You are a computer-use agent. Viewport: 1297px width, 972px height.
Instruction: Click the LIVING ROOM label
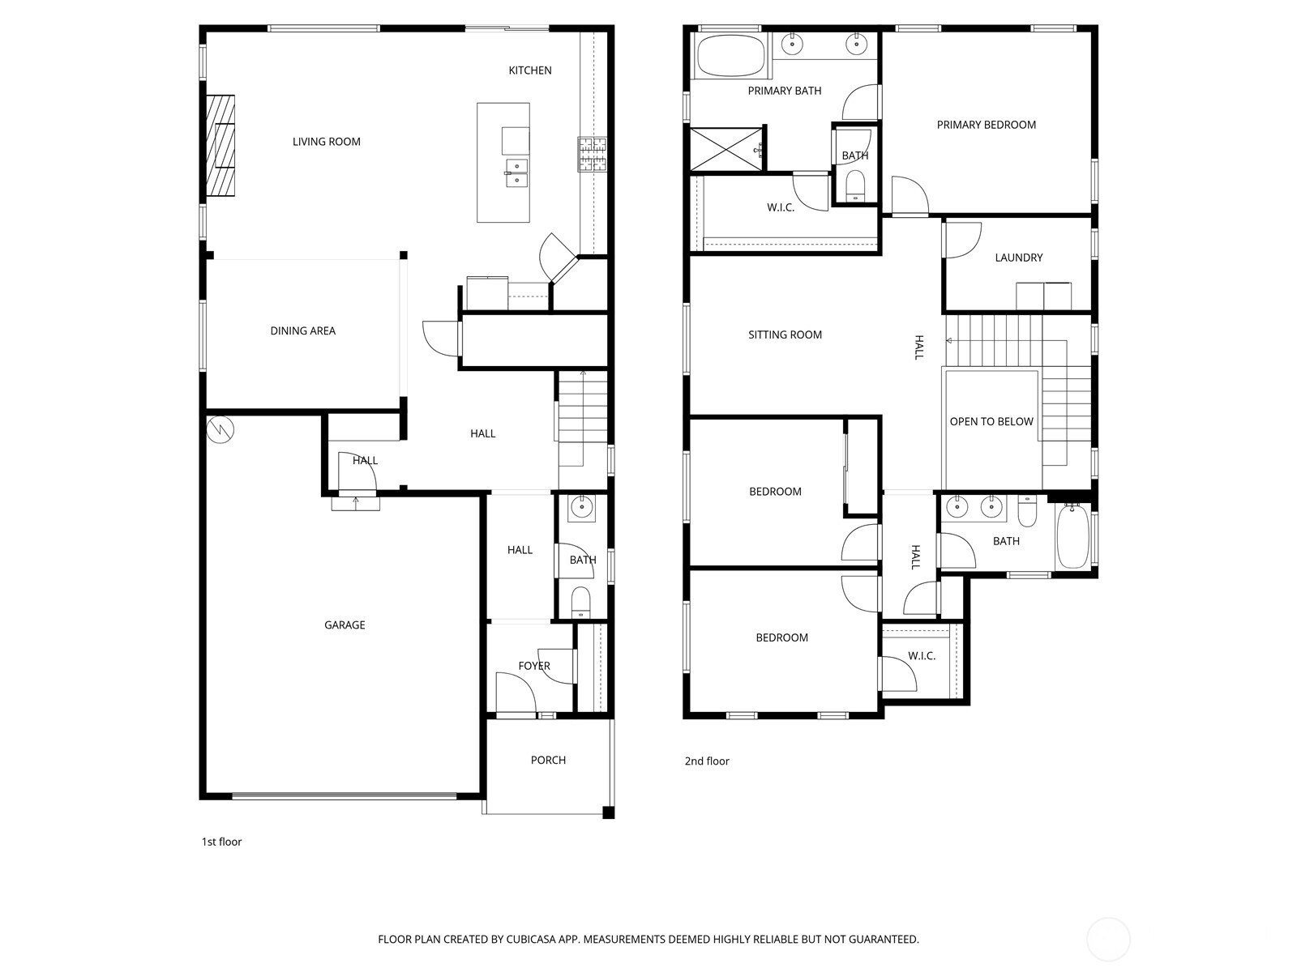pyautogui.click(x=326, y=142)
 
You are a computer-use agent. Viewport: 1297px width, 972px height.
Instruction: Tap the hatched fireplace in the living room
pyautogui.click(x=220, y=146)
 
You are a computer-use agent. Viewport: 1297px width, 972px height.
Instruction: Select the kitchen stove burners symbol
pyautogui.click(x=592, y=155)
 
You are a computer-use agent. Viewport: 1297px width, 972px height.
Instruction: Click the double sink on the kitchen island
pyautogui.click(x=516, y=173)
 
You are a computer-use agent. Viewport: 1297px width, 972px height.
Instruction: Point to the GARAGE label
pyautogui.click(x=345, y=625)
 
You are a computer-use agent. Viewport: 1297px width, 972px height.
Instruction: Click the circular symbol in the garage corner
pyautogui.click(x=220, y=429)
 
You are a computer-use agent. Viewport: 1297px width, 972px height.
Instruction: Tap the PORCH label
pyautogui.click(x=548, y=760)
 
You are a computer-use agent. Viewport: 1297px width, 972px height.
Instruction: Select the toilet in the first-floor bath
pyautogui.click(x=581, y=602)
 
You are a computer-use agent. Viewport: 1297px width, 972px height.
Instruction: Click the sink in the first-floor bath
pyautogui.click(x=582, y=509)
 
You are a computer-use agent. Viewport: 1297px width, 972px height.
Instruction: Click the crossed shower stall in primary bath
pyautogui.click(x=726, y=149)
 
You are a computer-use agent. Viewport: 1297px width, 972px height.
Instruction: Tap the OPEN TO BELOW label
pyautogui.click(x=991, y=421)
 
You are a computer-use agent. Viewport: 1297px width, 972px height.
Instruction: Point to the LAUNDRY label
pyautogui.click(x=1019, y=258)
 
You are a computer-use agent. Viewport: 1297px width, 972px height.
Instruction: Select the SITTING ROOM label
pyautogui.click(x=785, y=335)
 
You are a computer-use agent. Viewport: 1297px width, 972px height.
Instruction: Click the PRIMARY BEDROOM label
pyautogui.click(x=987, y=125)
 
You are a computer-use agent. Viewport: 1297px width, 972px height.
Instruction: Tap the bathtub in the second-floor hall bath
pyautogui.click(x=1072, y=536)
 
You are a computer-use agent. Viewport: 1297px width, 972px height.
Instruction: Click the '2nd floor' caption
pyautogui.click(x=707, y=761)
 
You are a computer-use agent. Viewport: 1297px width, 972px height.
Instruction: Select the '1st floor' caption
pyautogui.click(x=221, y=842)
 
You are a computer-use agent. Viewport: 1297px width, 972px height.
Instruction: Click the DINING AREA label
pyautogui.click(x=302, y=331)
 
